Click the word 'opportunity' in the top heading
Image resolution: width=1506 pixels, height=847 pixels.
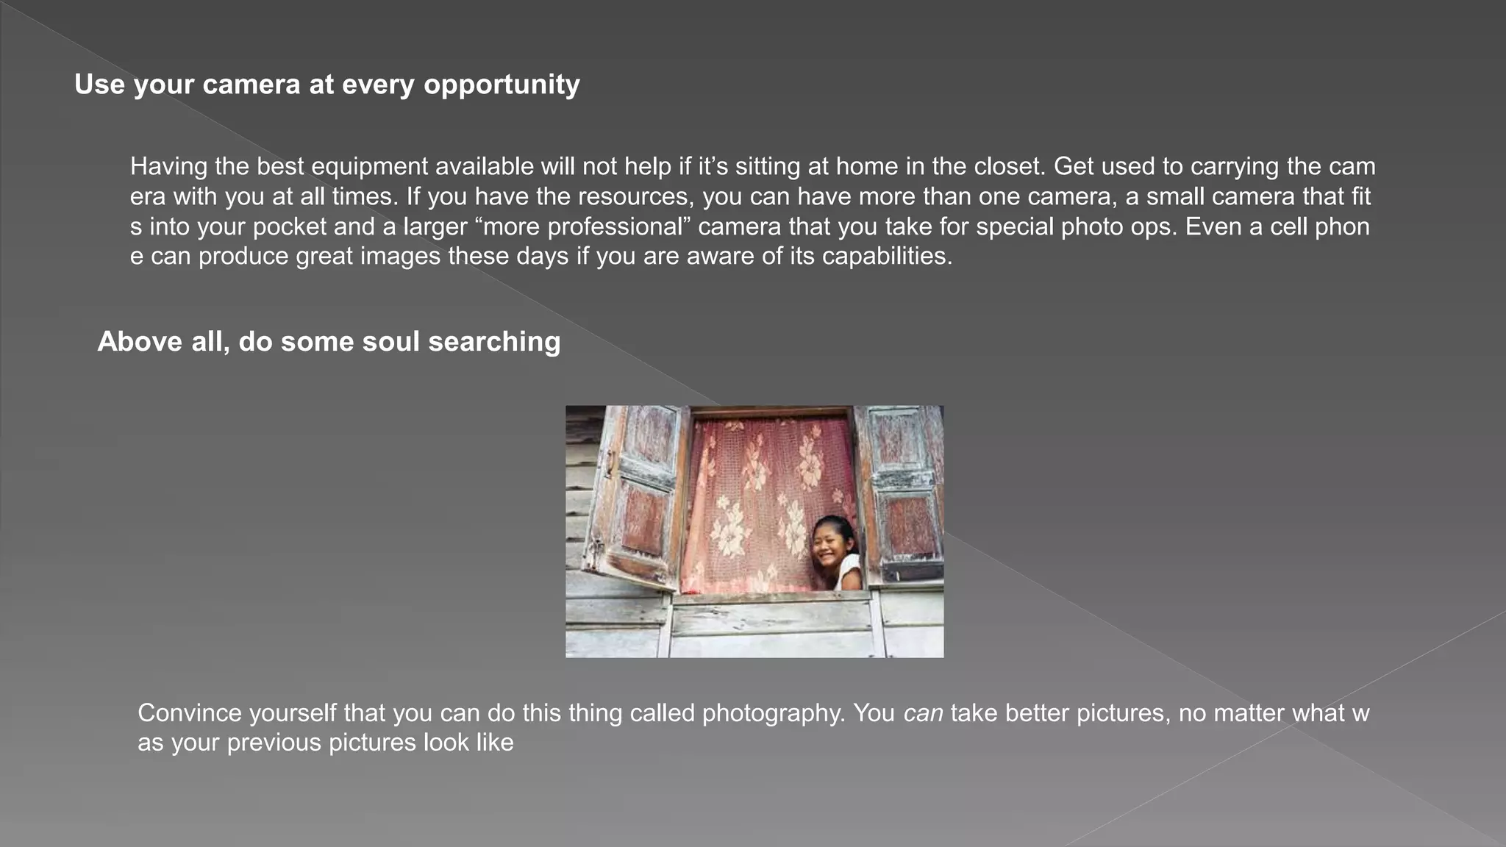(502, 85)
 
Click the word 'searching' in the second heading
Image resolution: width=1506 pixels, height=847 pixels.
(494, 342)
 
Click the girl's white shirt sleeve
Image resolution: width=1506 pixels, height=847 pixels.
(849, 571)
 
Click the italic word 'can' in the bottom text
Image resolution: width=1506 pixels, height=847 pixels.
(923, 713)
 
